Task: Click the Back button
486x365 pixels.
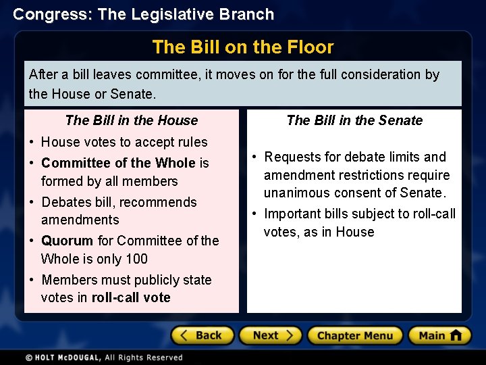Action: pyautogui.click(x=202, y=336)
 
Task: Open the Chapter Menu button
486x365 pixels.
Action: pyautogui.click(x=354, y=336)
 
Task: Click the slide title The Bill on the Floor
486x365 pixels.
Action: pyautogui.click(x=243, y=47)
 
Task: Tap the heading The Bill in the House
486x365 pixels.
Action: pyautogui.click(x=132, y=120)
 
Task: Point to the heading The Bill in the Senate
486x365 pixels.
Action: pyautogui.click(x=354, y=120)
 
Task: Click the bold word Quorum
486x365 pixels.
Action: pyautogui.click(x=67, y=241)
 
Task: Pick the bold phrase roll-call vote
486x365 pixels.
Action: pyautogui.click(x=131, y=297)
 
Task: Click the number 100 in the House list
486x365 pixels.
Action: pyautogui.click(x=136, y=259)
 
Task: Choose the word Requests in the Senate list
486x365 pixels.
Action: pyautogui.click(x=293, y=157)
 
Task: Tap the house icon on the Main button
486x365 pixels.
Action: pyautogui.click(x=456, y=335)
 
